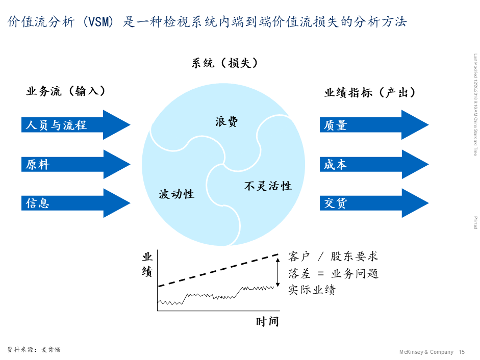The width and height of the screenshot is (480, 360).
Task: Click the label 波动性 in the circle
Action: [176, 194]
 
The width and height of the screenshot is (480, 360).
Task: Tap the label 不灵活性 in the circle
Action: [268, 186]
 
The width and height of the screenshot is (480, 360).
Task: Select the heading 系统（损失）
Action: [225, 63]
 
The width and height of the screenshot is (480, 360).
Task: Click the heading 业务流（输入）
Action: [66, 91]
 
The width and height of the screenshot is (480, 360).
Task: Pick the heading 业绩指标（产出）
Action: [370, 93]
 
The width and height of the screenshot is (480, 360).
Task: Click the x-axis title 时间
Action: [267, 322]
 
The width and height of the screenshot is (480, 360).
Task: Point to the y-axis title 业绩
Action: [147, 264]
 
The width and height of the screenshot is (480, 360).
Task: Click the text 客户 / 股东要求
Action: [333, 256]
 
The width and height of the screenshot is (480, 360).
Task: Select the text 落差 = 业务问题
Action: [333, 273]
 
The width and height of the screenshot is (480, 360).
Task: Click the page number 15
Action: [462, 352]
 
